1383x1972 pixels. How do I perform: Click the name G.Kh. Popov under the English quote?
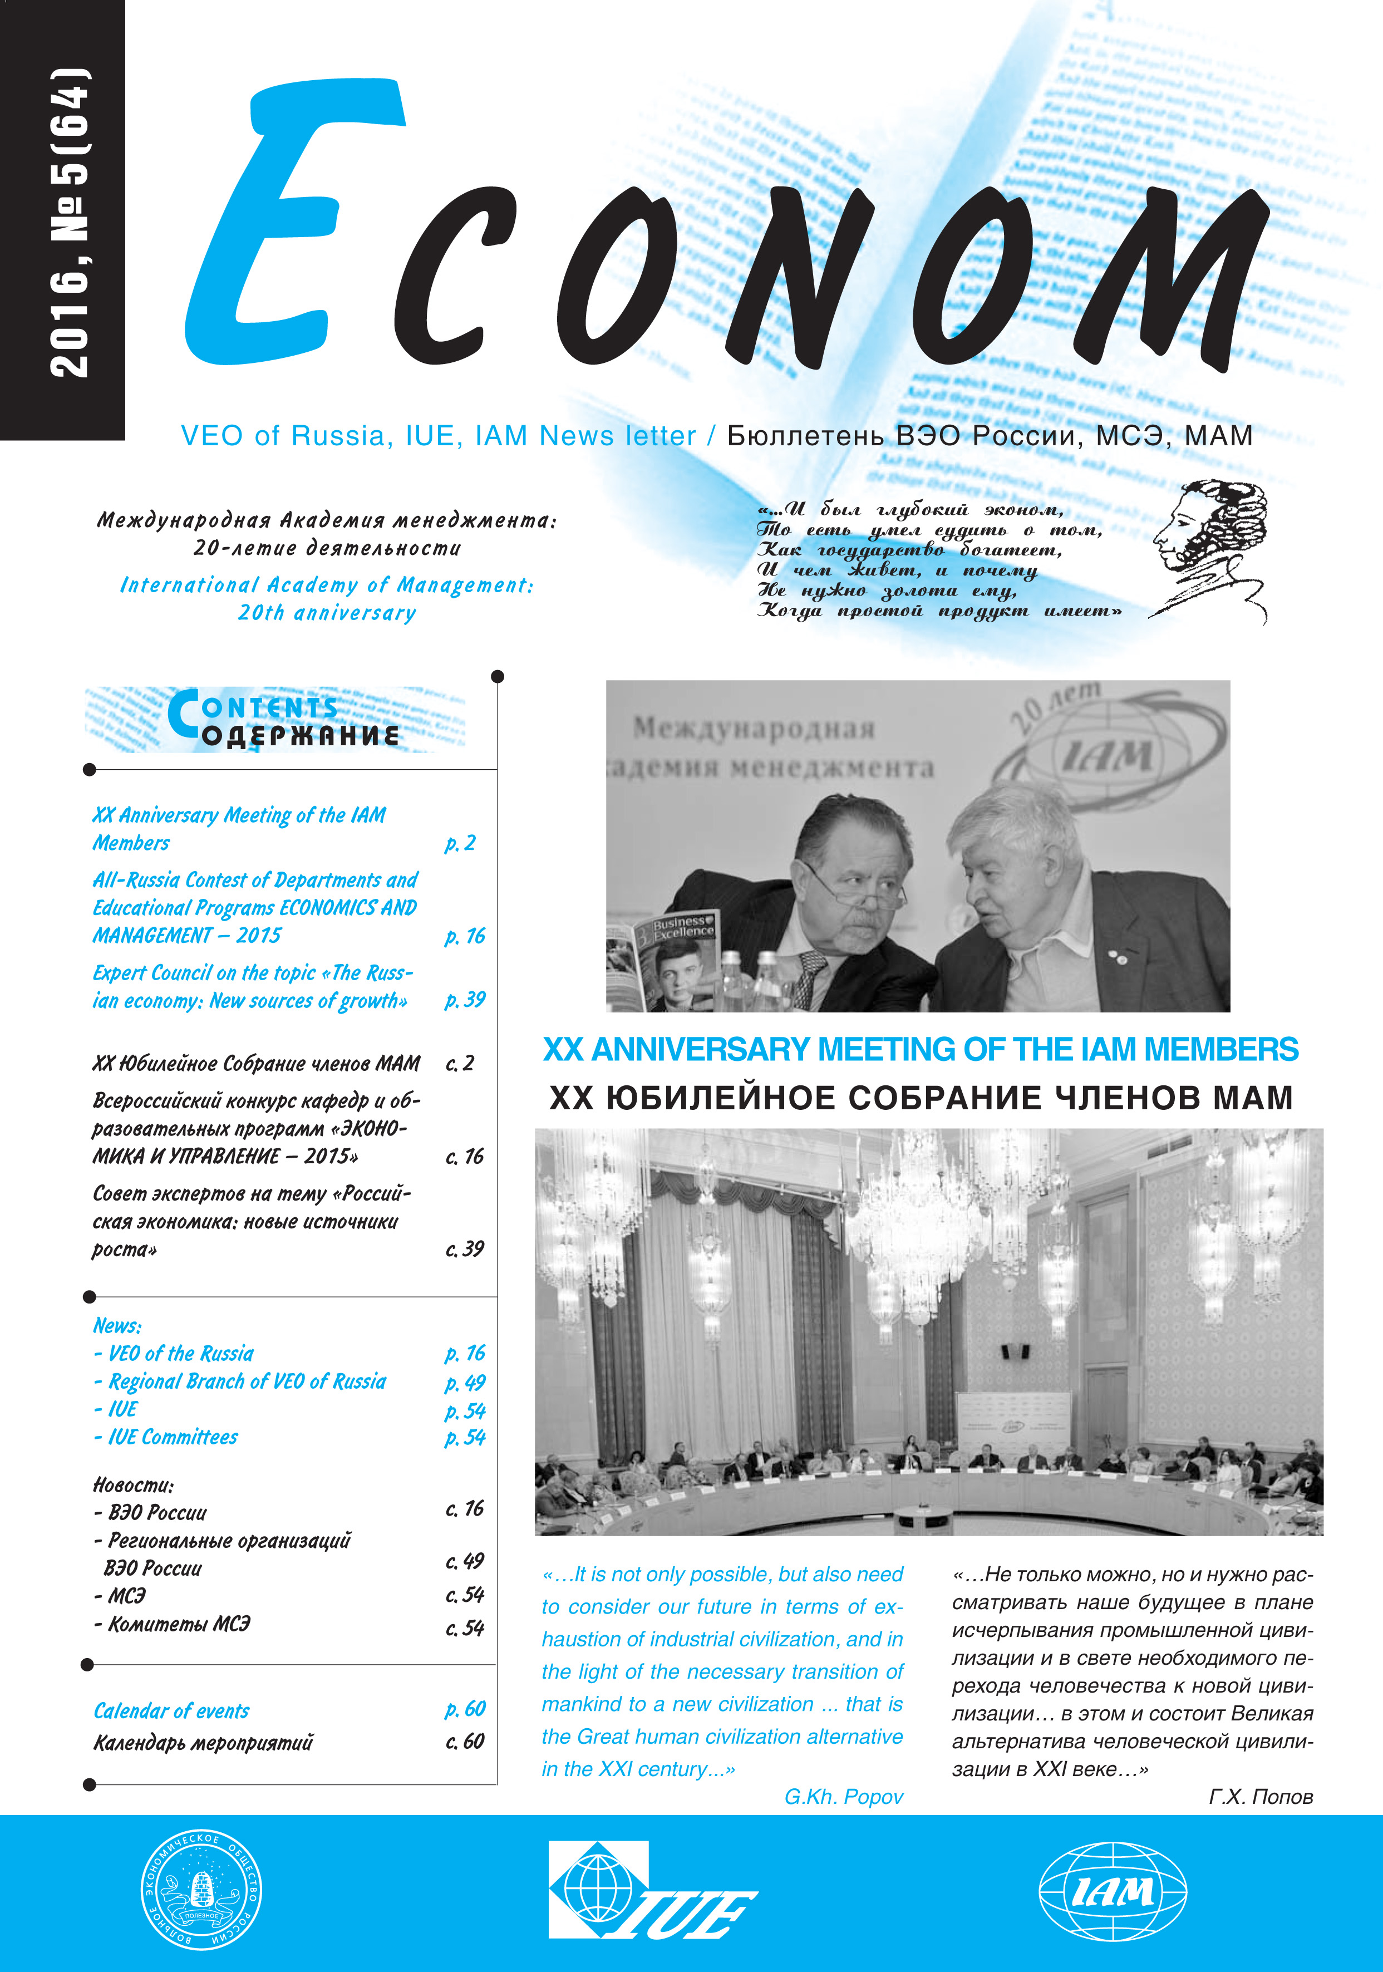coord(844,1796)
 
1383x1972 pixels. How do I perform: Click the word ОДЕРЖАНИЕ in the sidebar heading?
coord(301,736)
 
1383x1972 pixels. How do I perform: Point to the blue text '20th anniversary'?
coord(327,612)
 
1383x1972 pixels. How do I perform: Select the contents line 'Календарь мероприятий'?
coord(203,1742)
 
